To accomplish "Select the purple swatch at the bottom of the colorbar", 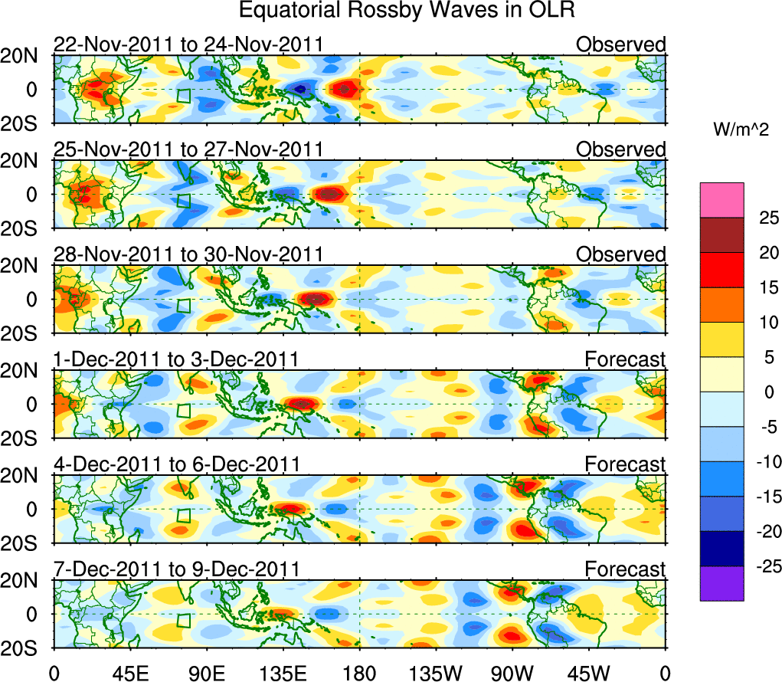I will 721,583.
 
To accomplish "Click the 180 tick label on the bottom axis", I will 359,672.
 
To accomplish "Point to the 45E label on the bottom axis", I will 129,672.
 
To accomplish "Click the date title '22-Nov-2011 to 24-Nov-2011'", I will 188,44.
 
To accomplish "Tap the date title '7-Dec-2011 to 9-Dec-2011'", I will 175,569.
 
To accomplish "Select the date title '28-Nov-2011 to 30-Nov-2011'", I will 188,254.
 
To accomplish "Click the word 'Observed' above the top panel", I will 620,44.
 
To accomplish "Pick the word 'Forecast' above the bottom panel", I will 625,569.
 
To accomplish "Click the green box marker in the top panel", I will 183,97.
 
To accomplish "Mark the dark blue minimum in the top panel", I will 301,89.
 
